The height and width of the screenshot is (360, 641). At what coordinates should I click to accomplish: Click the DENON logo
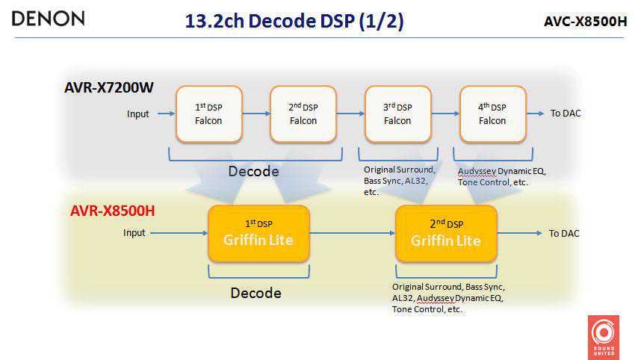pyautogui.click(x=48, y=19)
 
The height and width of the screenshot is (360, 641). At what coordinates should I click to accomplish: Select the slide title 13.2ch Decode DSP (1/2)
pyautogui.click(x=294, y=21)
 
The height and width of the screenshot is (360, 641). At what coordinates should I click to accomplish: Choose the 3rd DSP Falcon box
pyautogui.click(x=398, y=114)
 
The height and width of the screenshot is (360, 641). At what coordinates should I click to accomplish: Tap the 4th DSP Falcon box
pyautogui.click(x=493, y=114)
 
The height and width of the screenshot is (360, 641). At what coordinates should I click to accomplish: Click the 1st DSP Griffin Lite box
pyautogui.click(x=258, y=233)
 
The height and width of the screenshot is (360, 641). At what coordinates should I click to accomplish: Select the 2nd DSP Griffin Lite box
pyautogui.click(x=445, y=233)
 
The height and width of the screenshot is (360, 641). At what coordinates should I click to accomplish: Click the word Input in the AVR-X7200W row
pyautogui.click(x=137, y=114)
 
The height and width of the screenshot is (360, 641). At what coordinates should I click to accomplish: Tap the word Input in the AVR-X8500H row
pyautogui.click(x=134, y=234)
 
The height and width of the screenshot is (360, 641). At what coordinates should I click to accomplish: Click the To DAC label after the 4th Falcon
pyautogui.click(x=566, y=114)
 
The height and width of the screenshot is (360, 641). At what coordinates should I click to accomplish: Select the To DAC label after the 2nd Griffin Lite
pyautogui.click(x=564, y=234)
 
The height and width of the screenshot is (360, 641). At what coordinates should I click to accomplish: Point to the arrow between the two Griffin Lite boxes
pyautogui.click(x=352, y=234)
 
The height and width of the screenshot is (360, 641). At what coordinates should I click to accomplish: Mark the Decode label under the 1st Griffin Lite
pyautogui.click(x=256, y=293)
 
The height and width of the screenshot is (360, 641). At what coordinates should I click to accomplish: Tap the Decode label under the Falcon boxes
pyautogui.click(x=254, y=172)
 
